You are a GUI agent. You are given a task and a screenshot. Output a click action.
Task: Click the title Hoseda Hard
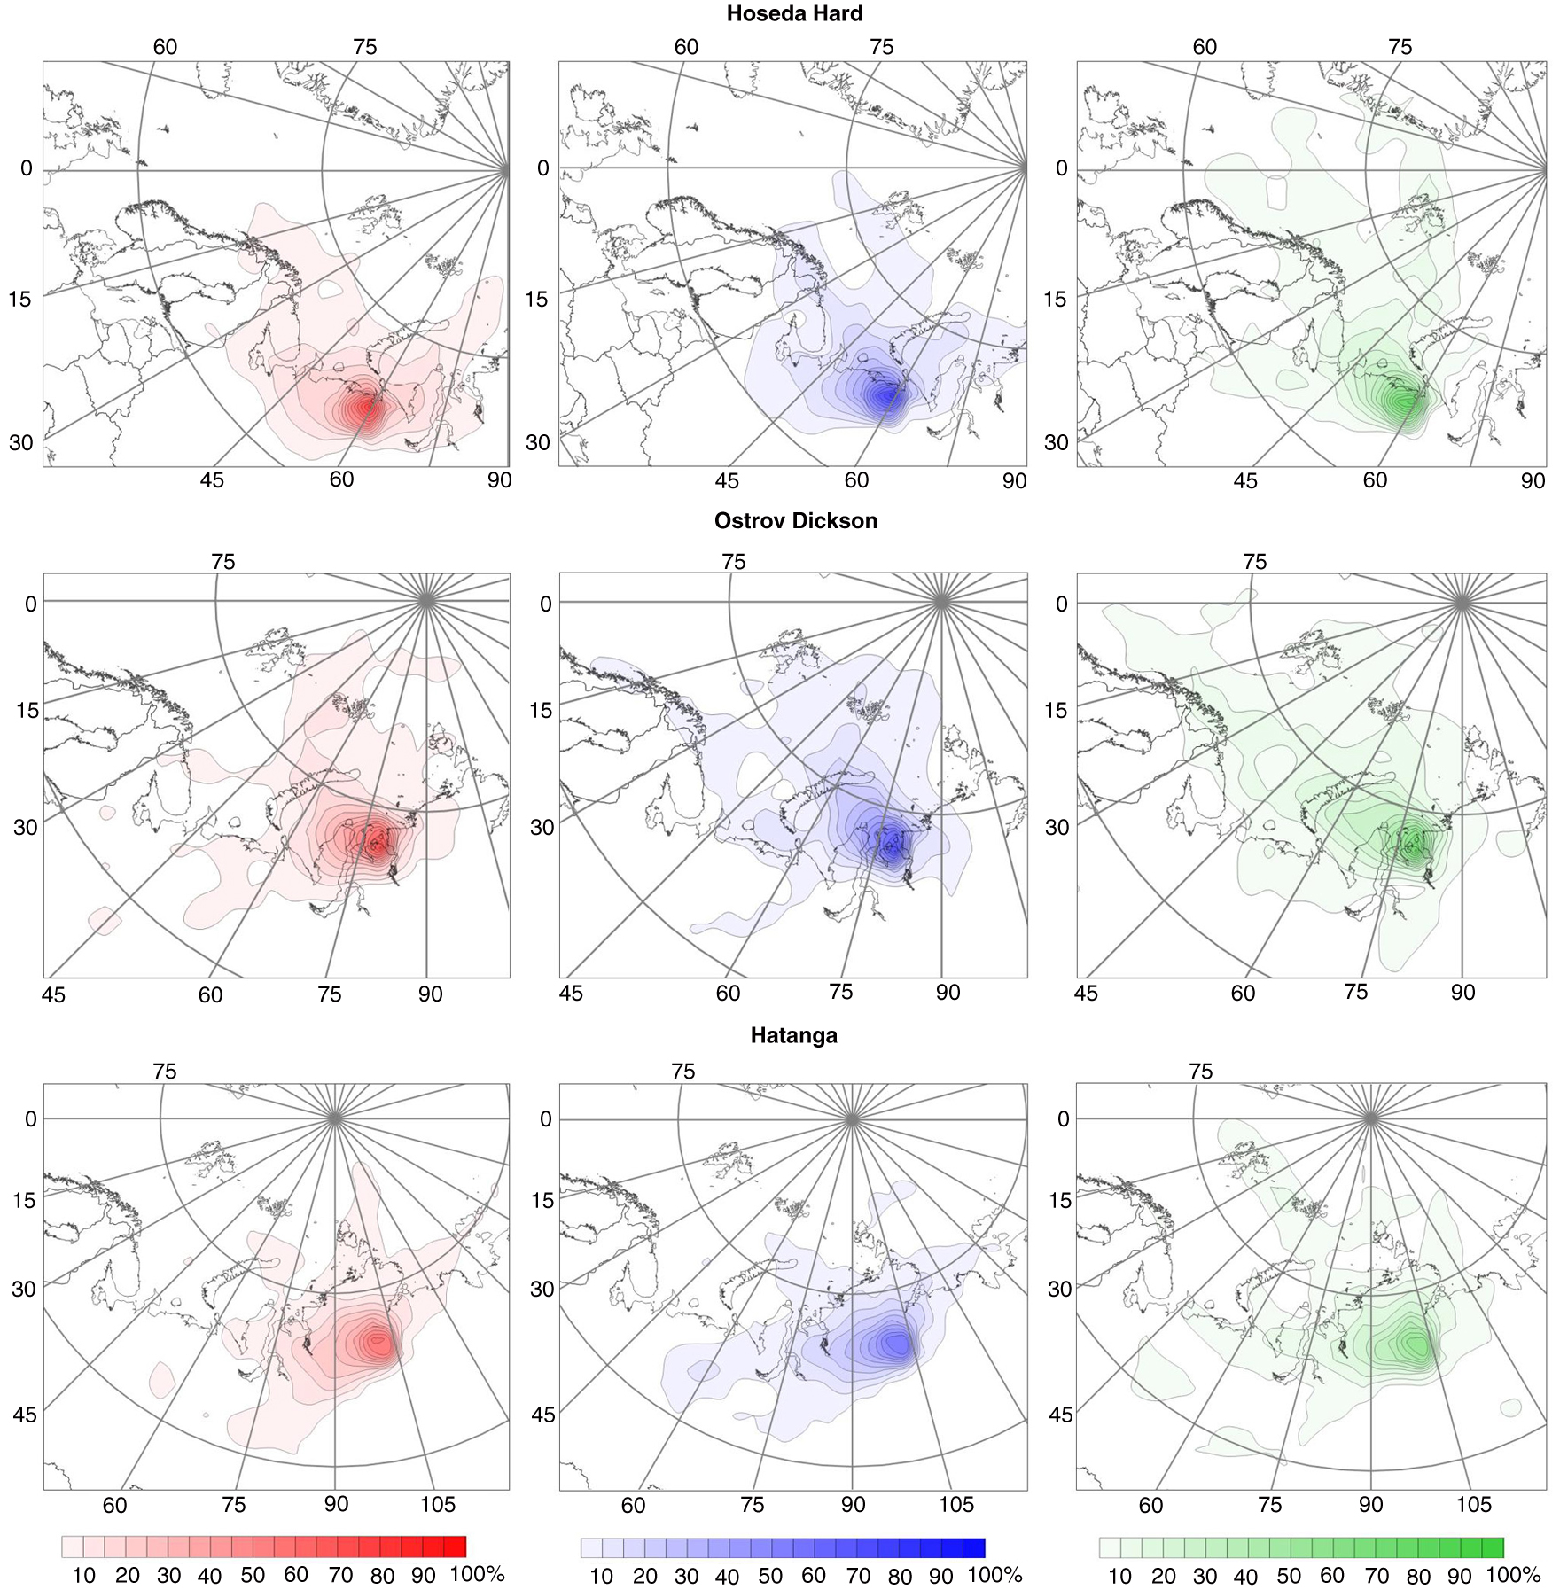click(x=793, y=14)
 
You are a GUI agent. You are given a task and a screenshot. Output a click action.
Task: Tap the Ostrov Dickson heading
click(x=795, y=521)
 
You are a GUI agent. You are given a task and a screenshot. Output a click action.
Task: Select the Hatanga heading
click(x=793, y=1035)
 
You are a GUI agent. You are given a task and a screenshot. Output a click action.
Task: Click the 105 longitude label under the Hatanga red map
click(x=437, y=1504)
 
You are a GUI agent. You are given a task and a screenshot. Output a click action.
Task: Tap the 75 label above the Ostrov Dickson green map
click(x=1254, y=562)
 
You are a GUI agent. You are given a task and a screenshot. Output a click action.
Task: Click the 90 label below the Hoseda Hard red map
click(x=499, y=479)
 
